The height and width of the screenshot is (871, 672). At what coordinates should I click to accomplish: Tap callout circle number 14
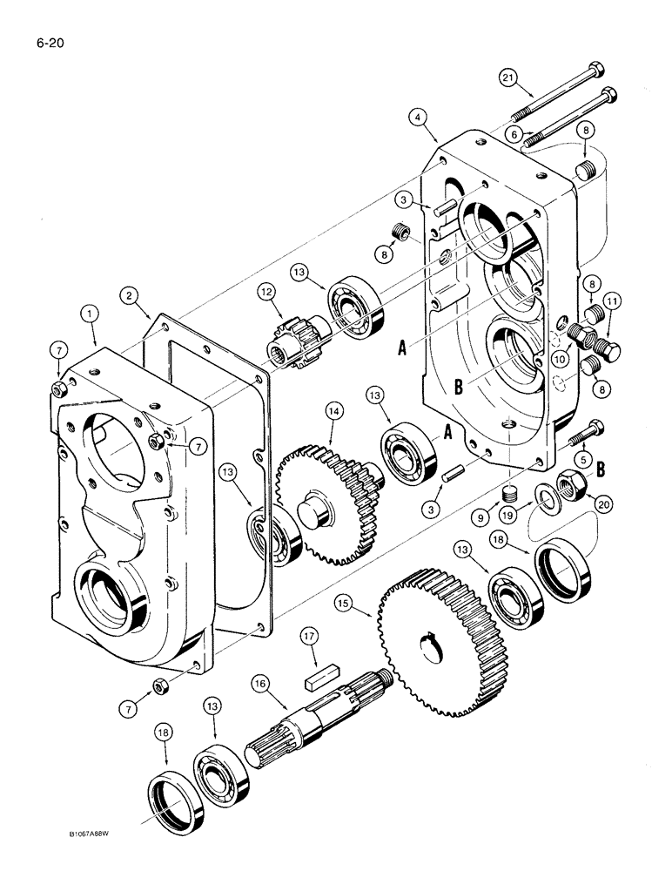(333, 409)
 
